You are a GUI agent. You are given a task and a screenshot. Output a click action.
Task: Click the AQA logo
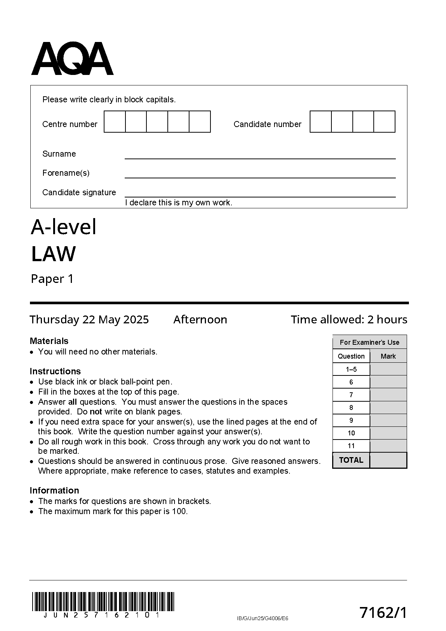pos(72,59)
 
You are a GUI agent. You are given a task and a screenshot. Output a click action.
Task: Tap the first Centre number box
pos(115,122)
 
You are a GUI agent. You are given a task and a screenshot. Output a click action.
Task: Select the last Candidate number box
pos(385,122)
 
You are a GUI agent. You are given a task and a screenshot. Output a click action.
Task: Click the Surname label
pos(59,154)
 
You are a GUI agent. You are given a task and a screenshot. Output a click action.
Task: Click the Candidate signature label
pos(79,193)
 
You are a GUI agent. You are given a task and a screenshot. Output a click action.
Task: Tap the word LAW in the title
pos(53,254)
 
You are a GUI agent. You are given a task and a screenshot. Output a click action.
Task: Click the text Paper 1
pos(52,279)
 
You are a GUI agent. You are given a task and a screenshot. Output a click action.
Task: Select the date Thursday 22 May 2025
pos(89,320)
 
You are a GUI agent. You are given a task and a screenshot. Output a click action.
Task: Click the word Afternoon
pos(200,320)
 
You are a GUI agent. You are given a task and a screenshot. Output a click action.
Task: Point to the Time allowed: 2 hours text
pos(349,320)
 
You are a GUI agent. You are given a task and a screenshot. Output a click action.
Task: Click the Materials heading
pos(49,341)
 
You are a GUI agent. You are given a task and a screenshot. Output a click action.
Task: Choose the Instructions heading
pos(55,371)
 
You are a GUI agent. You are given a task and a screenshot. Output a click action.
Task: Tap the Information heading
pos(54,490)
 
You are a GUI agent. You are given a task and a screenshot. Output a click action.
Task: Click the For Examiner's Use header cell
pos(370,342)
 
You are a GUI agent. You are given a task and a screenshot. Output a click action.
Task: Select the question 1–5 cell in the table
pos(351,369)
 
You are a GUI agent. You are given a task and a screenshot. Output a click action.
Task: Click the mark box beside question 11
pos(388,446)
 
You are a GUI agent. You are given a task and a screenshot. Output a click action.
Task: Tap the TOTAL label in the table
pos(351,460)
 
